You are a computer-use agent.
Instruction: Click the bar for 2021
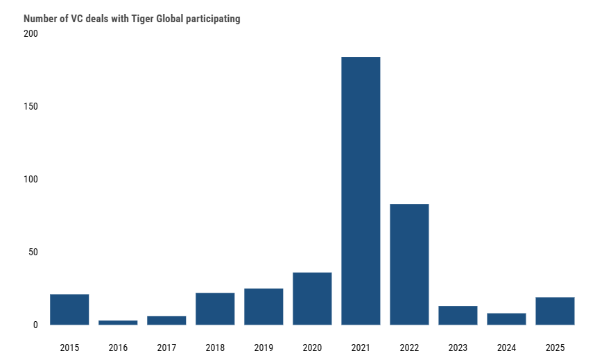tap(361, 191)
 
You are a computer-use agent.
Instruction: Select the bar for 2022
tap(409, 264)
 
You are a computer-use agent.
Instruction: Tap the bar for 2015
tap(69, 309)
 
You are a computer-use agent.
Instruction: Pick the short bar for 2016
tap(118, 322)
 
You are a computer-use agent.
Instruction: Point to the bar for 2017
tap(166, 320)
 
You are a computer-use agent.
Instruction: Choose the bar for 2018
tap(215, 309)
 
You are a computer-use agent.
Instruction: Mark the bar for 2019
tap(264, 307)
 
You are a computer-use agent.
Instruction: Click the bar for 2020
tap(312, 298)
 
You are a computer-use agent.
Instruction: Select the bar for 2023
tap(458, 315)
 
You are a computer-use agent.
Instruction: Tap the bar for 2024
tap(506, 319)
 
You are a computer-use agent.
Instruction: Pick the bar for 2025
tap(555, 311)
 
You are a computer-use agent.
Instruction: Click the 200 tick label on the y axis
tap(32, 34)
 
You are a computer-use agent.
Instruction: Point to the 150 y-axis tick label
tap(32, 107)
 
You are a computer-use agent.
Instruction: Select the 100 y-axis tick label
tap(32, 180)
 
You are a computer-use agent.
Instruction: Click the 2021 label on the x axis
tap(361, 347)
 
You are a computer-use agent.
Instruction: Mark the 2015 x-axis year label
tap(69, 347)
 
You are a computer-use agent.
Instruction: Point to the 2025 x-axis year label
tap(555, 347)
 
